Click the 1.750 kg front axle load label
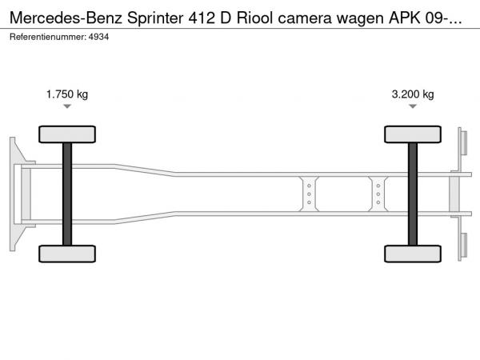[x=67, y=94]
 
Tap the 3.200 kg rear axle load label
[x=413, y=94]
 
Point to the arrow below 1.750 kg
[x=67, y=106]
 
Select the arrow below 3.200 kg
[x=413, y=106]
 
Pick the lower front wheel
[x=67, y=254]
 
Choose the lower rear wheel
[x=413, y=254]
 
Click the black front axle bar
[x=67, y=194]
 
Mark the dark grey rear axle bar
[x=413, y=194]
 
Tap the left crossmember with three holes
[x=308, y=194]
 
